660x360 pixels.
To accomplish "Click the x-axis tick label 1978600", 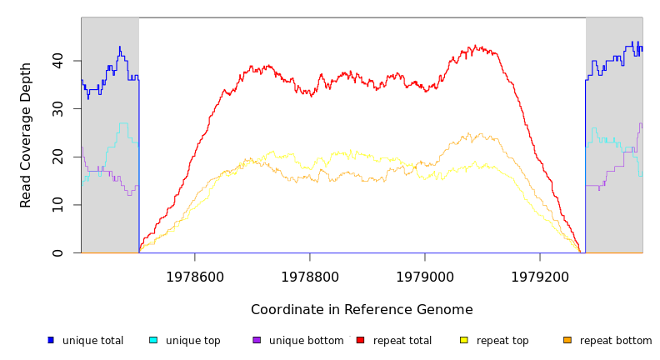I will click(x=195, y=277).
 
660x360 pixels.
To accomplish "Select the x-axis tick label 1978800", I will click(x=310, y=277).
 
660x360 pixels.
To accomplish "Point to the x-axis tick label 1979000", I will click(x=425, y=277).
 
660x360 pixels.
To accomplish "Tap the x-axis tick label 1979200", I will click(x=540, y=277).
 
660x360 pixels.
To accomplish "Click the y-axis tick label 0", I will click(x=57, y=252).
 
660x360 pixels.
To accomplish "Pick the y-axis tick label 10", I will click(x=57, y=205).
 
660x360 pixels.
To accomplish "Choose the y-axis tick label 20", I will click(x=57, y=157).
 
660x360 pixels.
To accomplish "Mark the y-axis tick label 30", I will click(x=57, y=109).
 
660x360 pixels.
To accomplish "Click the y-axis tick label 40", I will click(x=57, y=61).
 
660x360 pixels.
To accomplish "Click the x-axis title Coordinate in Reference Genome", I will click(x=362, y=310).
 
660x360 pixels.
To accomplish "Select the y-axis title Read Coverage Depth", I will click(x=27, y=135).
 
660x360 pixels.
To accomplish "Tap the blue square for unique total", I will click(x=51, y=340).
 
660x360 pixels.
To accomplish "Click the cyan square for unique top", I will click(x=153, y=340).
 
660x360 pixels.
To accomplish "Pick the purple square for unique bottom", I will click(x=257, y=340).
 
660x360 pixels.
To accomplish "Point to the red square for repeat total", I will click(x=360, y=340).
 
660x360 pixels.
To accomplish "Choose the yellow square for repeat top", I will click(x=463, y=340).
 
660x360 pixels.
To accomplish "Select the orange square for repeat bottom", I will click(x=567, y=340).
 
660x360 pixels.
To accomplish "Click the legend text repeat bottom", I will click(x=616, y=341).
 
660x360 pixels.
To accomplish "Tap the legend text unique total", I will click(x=93, y=341).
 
